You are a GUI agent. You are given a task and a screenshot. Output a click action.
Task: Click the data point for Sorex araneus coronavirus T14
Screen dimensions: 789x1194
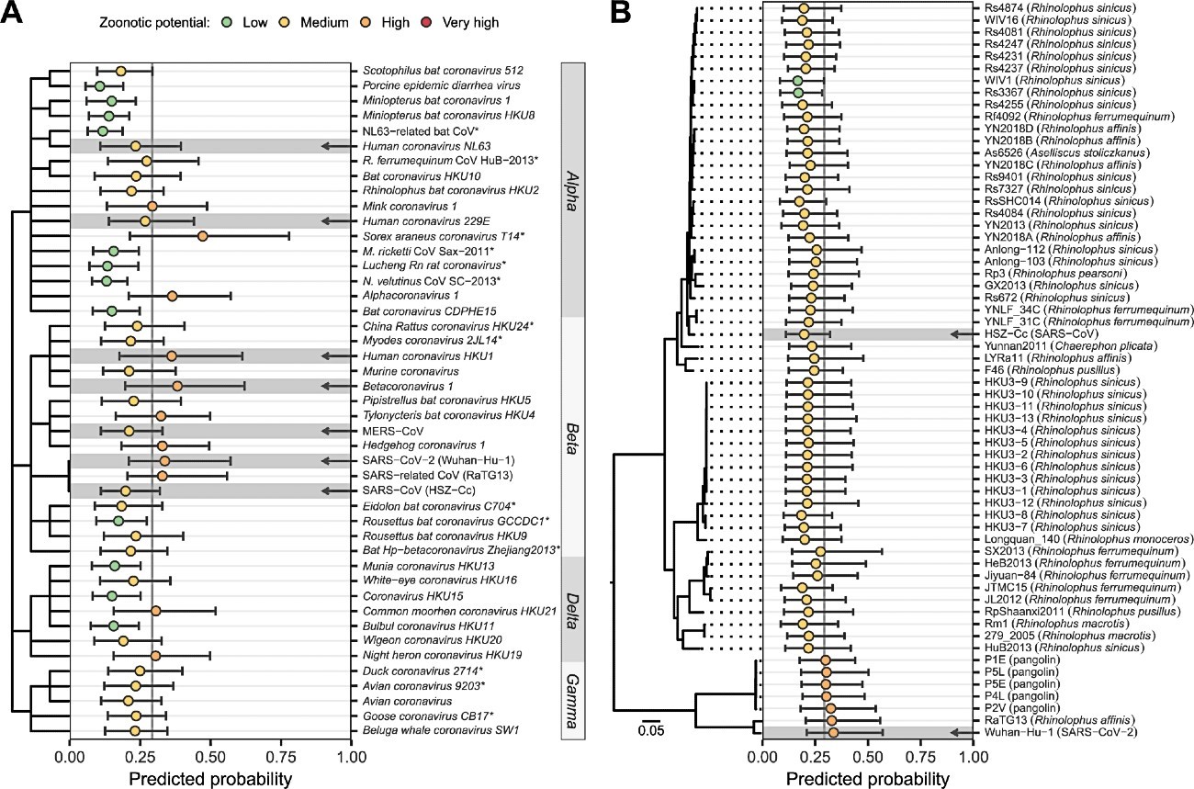pyautogui.click(x=203, y=236)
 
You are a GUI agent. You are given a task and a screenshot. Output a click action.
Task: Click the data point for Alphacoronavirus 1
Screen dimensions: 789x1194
pyautogui.click(x=172, y=296)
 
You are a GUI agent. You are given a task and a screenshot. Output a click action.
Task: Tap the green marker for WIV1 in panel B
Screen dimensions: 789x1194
pyautogui.click(x=798, y=81)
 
